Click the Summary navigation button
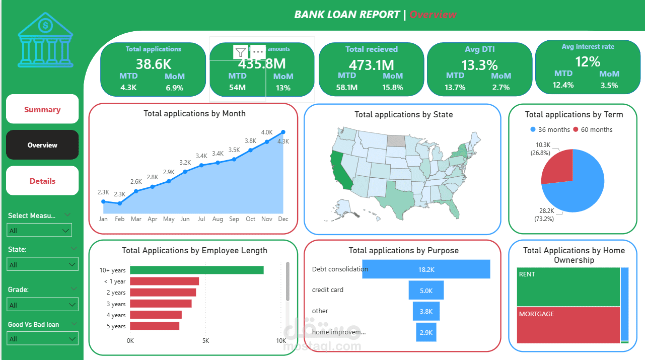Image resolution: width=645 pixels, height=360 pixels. (42, 109)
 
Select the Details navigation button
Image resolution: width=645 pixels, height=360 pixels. (42, 181)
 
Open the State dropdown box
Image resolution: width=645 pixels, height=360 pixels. (42, 264)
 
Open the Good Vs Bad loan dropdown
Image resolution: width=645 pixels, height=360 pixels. (42, 338)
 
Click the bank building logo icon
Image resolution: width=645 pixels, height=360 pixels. (45, 40)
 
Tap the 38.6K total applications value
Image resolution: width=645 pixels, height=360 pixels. (153, 63)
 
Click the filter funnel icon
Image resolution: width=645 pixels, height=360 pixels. (241, 51)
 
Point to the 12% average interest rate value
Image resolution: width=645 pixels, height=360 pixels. (588, 61)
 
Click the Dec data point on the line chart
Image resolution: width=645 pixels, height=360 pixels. (283, 132)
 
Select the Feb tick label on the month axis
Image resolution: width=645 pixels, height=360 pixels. (119, 219)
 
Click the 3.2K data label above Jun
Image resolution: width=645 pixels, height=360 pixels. (185, 163)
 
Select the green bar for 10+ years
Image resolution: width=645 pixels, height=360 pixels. (196, 270)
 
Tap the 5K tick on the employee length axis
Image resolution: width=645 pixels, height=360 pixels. (205, 341)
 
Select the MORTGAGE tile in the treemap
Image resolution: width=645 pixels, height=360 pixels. (568, 325)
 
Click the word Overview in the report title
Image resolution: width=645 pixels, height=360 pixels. (433, 14)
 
